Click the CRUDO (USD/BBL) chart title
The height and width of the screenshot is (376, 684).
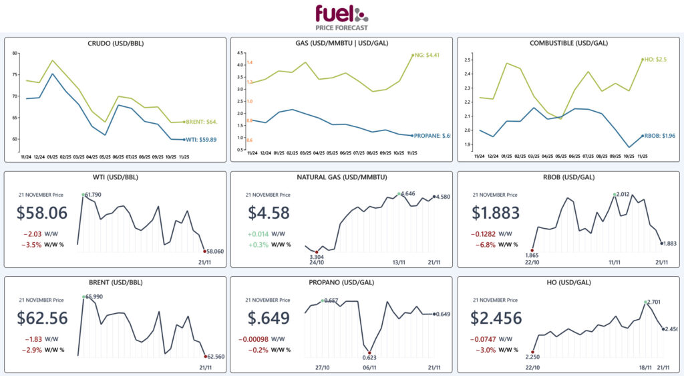coord(116,44)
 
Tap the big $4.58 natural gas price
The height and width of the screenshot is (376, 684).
coord(269,213)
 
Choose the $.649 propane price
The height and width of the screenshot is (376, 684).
coord(269,317)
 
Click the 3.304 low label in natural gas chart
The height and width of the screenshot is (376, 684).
coord(317,256)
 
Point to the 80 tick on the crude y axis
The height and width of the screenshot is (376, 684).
coord(16,53)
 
